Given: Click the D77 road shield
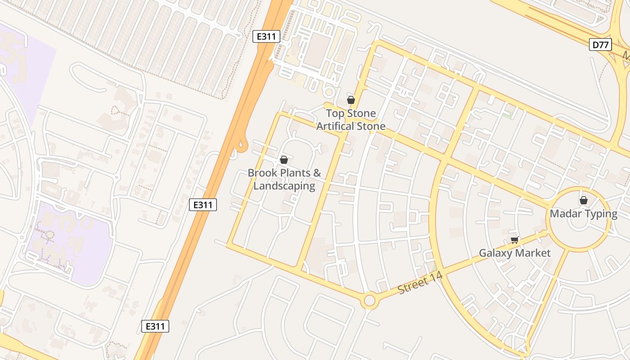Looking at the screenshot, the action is pos(600,44).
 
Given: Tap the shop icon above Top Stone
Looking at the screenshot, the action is pos(351,100).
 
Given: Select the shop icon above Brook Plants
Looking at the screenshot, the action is pos(284,160).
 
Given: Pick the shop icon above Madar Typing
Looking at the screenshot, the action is pos(584,200).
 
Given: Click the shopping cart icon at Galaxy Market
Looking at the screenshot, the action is pos(514,240).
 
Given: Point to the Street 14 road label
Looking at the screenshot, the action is pos(420,283).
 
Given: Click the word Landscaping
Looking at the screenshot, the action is pos(284,185).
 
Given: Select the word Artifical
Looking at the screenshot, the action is pos(334,126).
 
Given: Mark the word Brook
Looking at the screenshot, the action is pos(262,173).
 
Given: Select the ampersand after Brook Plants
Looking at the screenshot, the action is pos(317,173).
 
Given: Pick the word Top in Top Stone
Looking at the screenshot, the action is pos(334,113).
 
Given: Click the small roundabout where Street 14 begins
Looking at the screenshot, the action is pos(369,300).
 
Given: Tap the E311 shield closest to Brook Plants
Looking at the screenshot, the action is pos(203,205).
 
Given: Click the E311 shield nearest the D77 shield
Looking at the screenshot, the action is pos(266,36).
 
